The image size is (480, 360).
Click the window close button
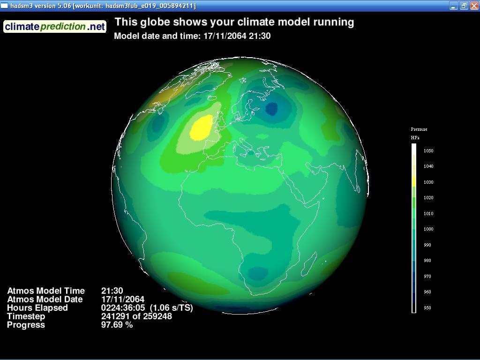pyautogui.click(x=474, y=6)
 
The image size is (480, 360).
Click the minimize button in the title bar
pyautogui.click(x=454, y=6)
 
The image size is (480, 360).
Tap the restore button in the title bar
pyautogui.click(x=464, y=6)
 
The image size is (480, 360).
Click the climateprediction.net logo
pyautogui.click(x=55, y=27)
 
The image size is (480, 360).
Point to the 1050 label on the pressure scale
pyautogui.click(x=428, y=150)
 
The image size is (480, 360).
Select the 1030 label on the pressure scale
pyautogui.click(x=428, y=182)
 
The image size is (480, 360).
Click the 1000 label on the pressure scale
pyautogui.click(x=428, y=229)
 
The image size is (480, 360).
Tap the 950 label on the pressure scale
pyautogui.click(x=427, y=307)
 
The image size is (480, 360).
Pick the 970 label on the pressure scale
pyautogui.click(x=427, y=277)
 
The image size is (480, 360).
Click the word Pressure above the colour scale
pyautogui.click(x=419, y=129)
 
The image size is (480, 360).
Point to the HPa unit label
pyautogui.click(x=415, y=138)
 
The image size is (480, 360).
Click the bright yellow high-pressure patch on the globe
pyautogui.click(x=202, y=127)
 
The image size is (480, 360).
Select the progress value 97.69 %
pyautogui.click(x=117, y=325)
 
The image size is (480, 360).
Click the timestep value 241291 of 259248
pyautogui.click(x=136, y=316)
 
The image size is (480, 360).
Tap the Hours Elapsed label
pyautogui.click(x=37, y=307)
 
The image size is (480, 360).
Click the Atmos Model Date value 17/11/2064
pyautogui.click(x=123, y=299)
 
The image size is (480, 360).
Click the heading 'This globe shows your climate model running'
pyautogui.click(x=234, y=22)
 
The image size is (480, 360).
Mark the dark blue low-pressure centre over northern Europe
pyautogui.click(x=271, y=108)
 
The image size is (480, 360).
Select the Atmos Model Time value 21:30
pyautogui.click(x=112, y=291)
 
